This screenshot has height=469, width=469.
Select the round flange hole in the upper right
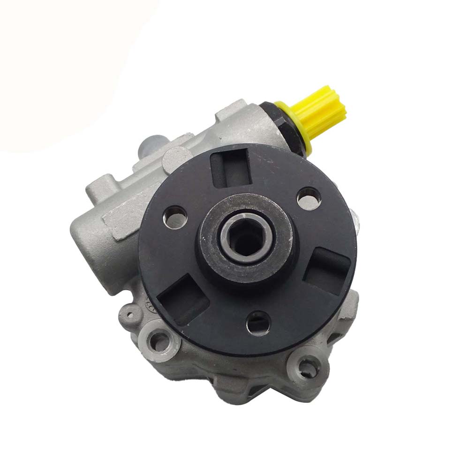309,197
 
